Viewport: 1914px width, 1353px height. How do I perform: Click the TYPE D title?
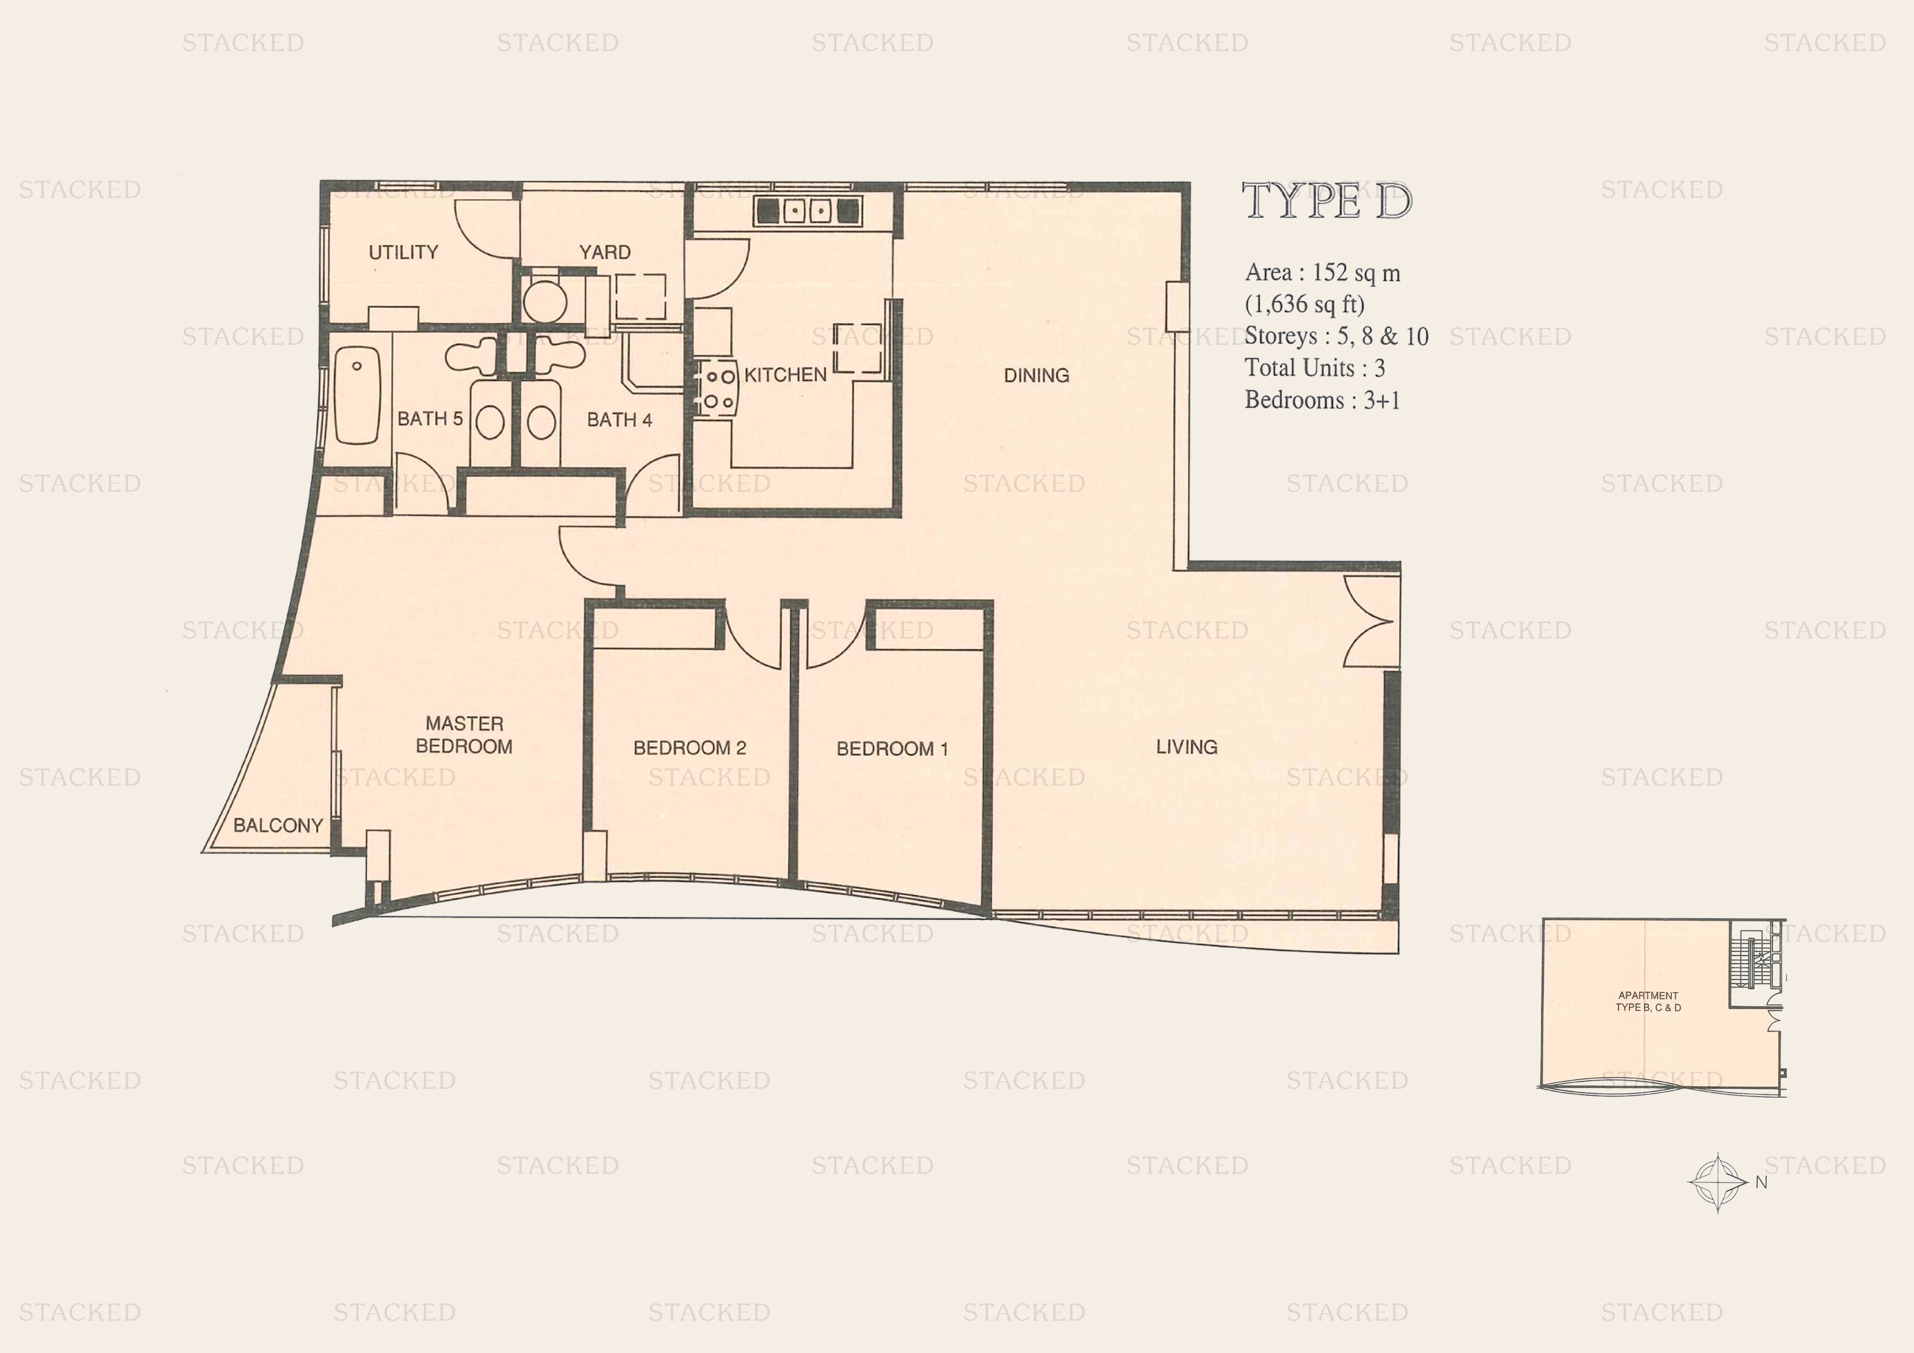tap(1326, 202)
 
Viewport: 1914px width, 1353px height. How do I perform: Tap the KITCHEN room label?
tap(785, 375)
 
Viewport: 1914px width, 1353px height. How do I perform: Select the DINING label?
tap(1036, 376)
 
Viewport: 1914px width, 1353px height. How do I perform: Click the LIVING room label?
tap(1186, 747)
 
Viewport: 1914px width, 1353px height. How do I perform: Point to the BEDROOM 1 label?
tap(892, 749)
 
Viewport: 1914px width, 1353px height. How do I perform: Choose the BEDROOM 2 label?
tap(690, 748)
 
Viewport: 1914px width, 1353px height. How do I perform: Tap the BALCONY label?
tap(278, 825)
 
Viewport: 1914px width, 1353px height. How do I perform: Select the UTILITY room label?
tap(403, 252)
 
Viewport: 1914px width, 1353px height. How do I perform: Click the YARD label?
tap(605, 252)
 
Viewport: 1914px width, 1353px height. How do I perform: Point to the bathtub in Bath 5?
tap(357, 396)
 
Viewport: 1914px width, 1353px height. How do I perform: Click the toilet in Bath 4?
tap(541, 422)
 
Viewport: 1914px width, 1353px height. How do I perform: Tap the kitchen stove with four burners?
tap(718, 390)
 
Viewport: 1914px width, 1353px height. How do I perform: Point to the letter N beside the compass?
tap(1761, 1182)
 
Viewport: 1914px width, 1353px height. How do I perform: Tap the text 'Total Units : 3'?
tap(1314, 368)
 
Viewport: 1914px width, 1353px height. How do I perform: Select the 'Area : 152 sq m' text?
tap(1322, 273)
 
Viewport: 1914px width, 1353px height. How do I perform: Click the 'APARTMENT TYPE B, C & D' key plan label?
tap(1648, 1001)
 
